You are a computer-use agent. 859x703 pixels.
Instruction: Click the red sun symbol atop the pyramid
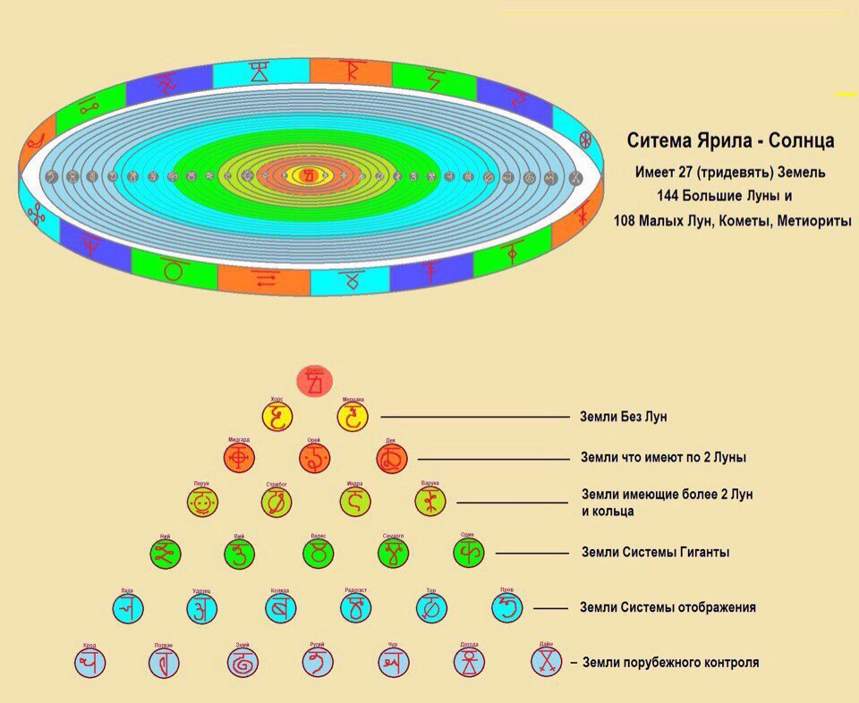314,382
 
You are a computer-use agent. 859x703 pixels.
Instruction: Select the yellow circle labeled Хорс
277,417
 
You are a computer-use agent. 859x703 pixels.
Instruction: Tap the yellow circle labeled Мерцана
353,417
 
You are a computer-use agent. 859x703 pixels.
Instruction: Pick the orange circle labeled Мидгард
239,459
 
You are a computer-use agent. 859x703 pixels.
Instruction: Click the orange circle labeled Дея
392,459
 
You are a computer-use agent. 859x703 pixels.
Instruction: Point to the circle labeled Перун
204,502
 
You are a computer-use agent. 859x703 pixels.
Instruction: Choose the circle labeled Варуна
430,502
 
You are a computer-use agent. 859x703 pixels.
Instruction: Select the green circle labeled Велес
317,554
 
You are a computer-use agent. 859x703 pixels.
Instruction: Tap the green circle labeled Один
468,554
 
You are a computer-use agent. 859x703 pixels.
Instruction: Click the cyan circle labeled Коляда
279,608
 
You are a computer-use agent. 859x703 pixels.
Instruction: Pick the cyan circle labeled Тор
431,608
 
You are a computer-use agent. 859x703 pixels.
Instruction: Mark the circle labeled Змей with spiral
242,663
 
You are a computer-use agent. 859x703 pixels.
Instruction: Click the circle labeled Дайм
546,662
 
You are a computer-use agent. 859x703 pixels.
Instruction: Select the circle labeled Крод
90,663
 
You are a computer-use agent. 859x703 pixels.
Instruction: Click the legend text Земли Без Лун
625,417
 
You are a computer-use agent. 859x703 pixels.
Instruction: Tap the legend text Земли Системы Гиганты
655,553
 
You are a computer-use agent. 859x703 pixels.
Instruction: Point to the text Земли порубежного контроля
670,663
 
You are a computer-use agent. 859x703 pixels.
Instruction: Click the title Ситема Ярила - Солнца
730,141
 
